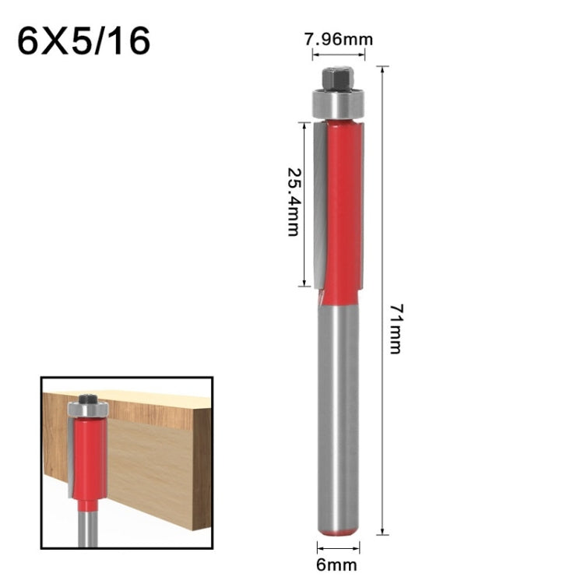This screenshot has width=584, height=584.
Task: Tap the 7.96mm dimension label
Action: click(x=338, y=38)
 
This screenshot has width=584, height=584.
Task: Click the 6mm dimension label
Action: click(x=338, y=565)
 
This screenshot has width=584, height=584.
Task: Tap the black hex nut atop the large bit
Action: click(x=337, y=78)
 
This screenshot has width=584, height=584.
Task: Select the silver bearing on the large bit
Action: click(x=338, y=103)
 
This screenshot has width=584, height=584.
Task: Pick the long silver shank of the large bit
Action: click(x=338, y=413)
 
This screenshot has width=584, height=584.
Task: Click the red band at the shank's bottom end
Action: click(x=338, y=531)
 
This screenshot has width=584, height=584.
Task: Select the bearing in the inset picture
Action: click(x=87, y=410)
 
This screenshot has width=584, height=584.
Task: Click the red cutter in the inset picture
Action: click(x=89, y=459)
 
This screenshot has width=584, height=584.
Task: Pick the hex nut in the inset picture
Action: click(x=87, y=397)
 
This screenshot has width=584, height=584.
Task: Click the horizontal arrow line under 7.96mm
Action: click(x=338, y=55)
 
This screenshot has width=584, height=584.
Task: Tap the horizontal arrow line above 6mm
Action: click(x=338, y=547)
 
